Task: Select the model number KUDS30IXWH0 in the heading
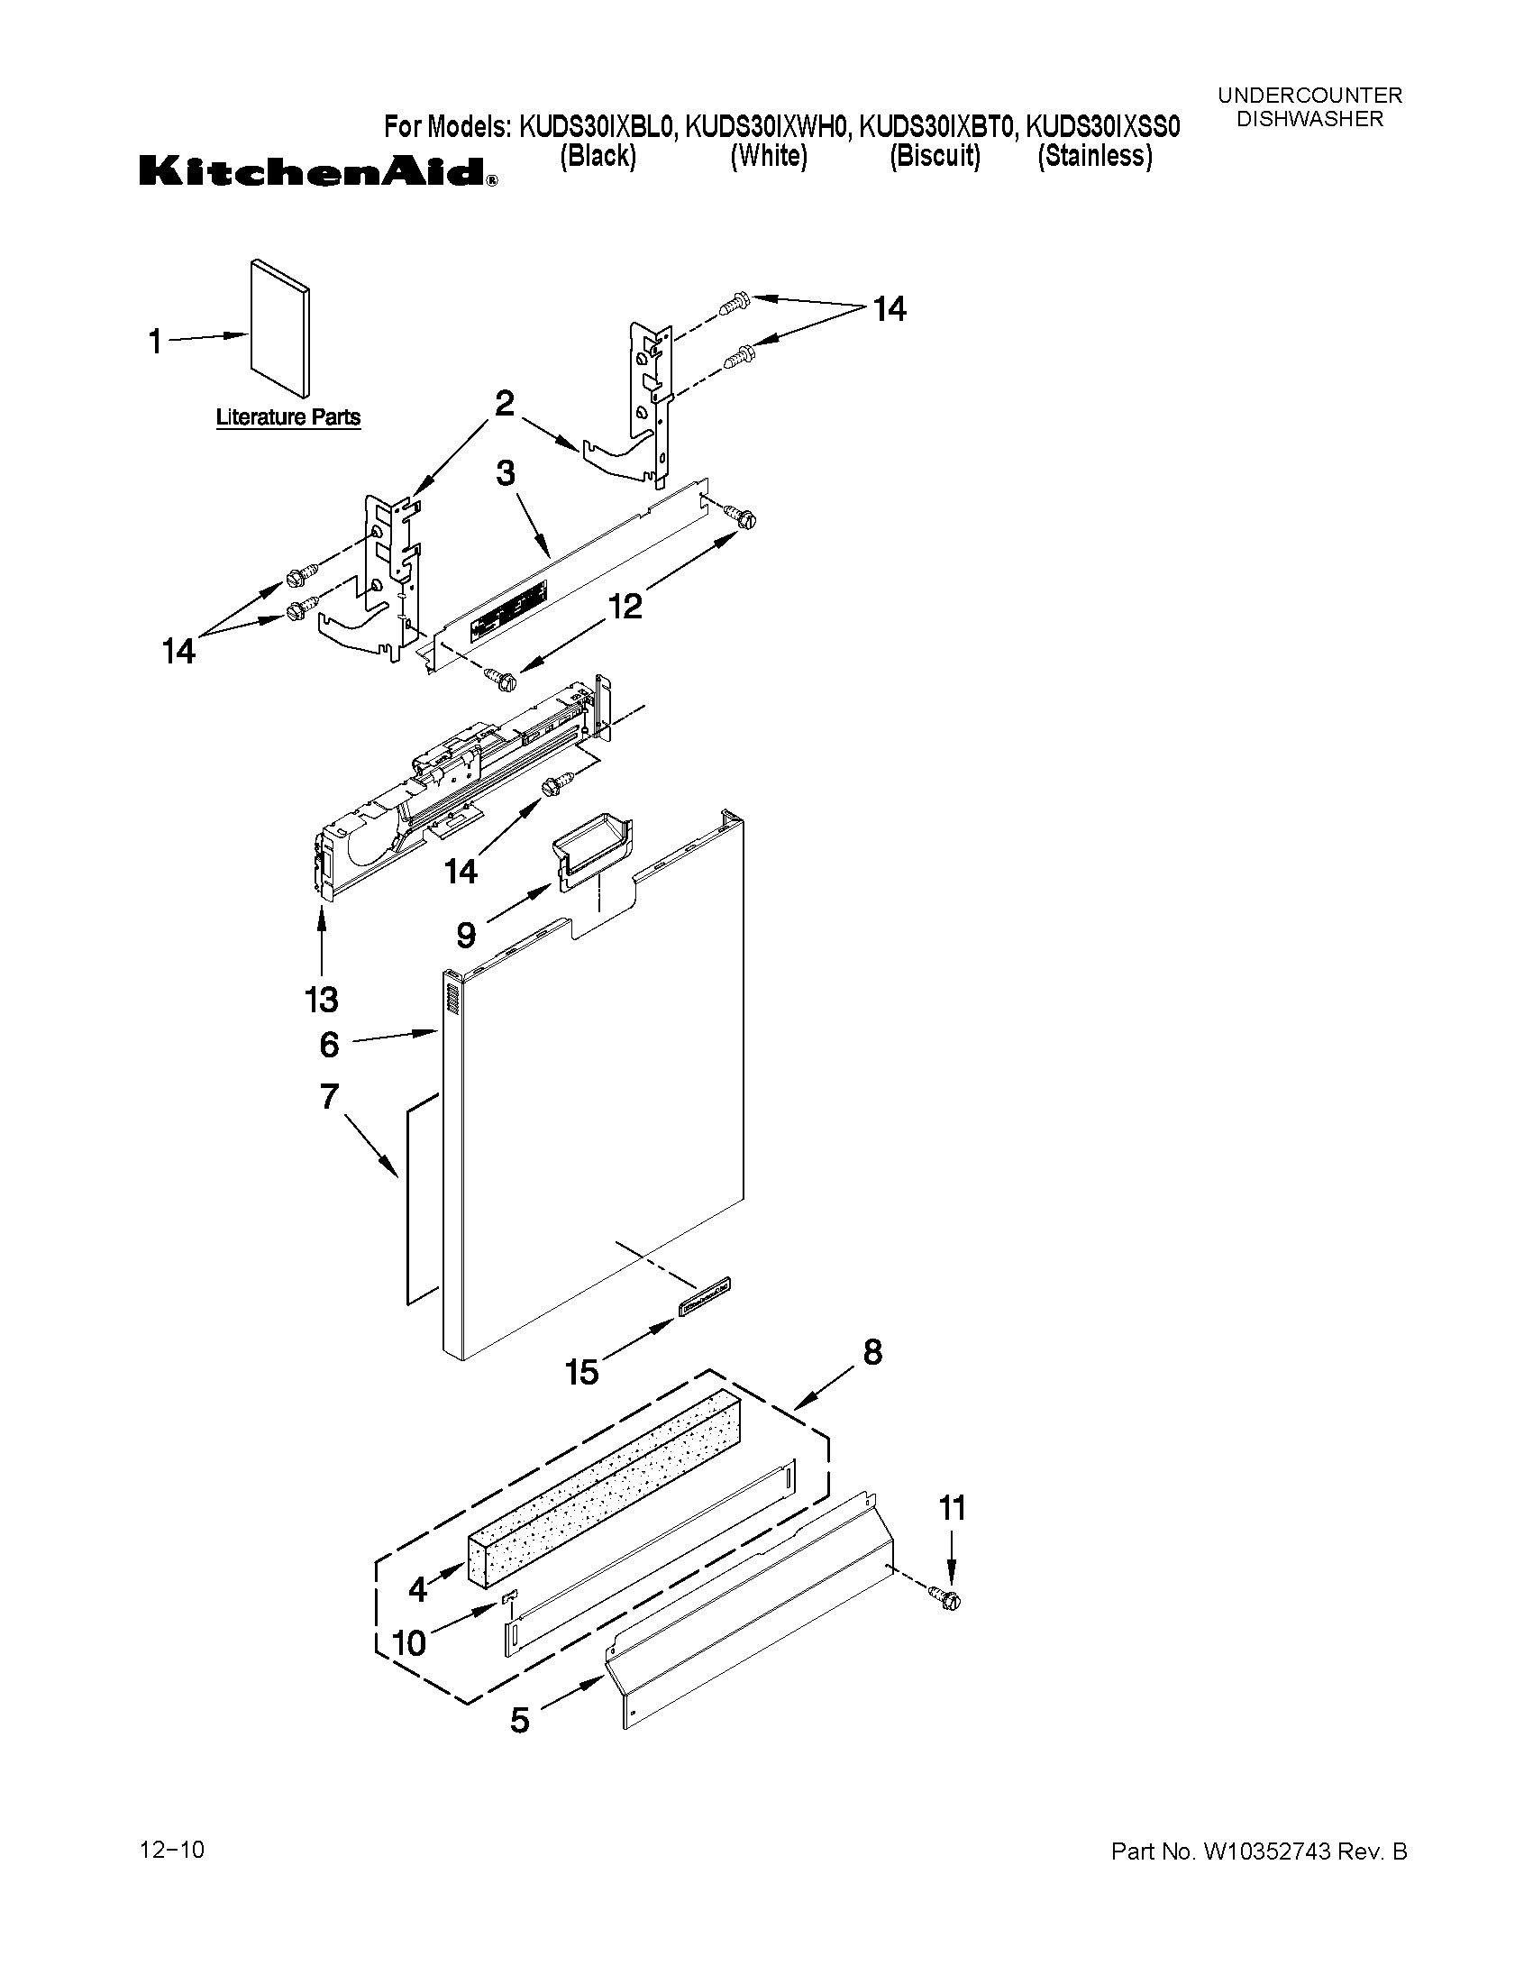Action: click(769, 126)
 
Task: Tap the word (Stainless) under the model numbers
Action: click(1095, 157)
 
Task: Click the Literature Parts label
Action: click(287, 418)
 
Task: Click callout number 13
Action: click(322, 1001)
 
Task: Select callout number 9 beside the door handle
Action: click(466, 934)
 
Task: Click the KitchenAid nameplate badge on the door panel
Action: click(704, 1294)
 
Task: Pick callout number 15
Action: click(582, 1372)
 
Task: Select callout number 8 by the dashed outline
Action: click(871, 1353)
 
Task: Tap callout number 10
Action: click(409, 1641)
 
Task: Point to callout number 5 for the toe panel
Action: click(519, 1720)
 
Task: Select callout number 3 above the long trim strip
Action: click(505, 473)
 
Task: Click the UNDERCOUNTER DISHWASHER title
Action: click(1309, 107)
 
